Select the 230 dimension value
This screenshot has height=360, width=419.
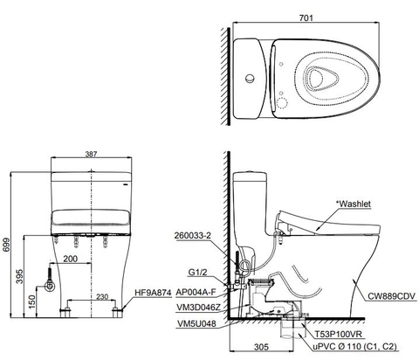pyautogui.click(x=102, y=298)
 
